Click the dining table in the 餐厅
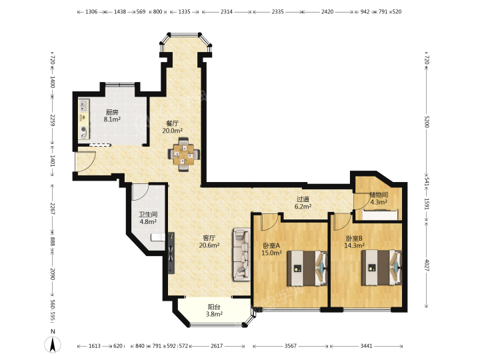coord(184,154)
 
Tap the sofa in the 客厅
coord(242,254)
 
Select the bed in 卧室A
coord(307,269)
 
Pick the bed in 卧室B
coord(381,267)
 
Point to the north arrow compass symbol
coord(53,343)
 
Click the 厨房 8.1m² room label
coord(112,116)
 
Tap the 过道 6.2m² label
coord(303,203)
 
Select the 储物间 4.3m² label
coord(379,199)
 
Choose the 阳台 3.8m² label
coord(214,310)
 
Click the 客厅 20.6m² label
coord(209,241)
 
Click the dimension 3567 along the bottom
coord(291,346)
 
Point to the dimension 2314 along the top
coord(227,11)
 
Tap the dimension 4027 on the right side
coord(427,265)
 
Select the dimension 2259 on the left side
coord(53,120)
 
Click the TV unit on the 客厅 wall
coord(171,253)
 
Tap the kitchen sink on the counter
coord(83,105)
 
